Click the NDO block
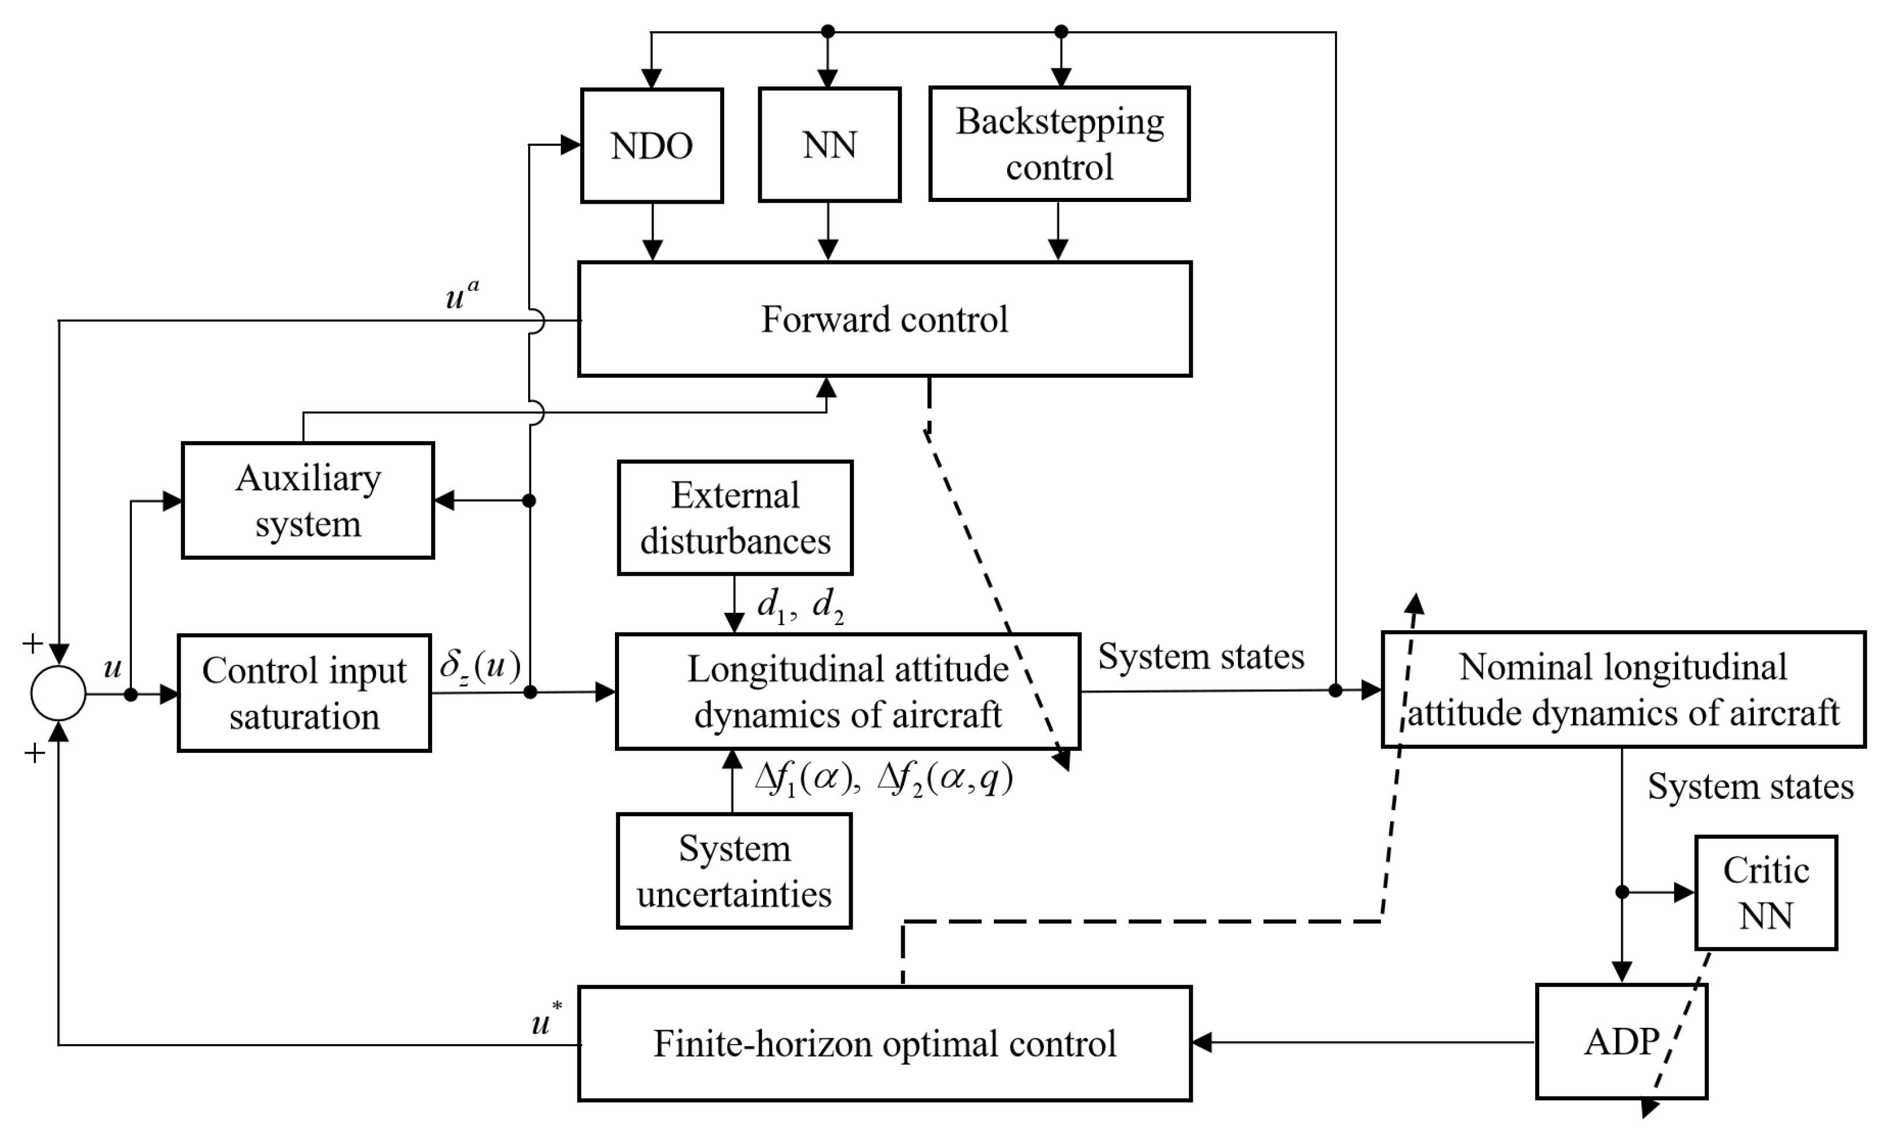coord(652,145)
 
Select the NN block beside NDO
coord(830,145)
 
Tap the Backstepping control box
coord(1059,144)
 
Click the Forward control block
coord(884,319)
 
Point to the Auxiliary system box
coord(308,500)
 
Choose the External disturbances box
coord(735,518)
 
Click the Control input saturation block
coord(304,693)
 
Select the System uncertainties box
coord(734,871)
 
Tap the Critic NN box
coord(1766,892)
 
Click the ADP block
coord(1621,1042)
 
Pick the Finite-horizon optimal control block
coord(884,1044)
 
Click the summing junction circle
coord(58,693)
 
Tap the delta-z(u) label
coord(480,666)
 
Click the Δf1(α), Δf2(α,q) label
coord(884,780)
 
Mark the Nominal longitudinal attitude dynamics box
coord(1624,689)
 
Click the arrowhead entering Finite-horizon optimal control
coord(1202,1042)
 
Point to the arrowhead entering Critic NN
coord(1685,892)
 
